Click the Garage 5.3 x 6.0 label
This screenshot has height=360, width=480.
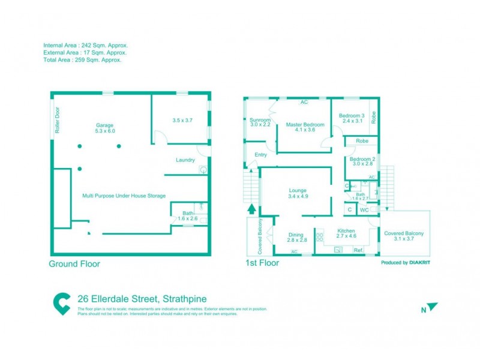pyautogui.click(x=105, y=128)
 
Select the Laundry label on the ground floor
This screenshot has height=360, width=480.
pyautogui.click(x=185, y=160)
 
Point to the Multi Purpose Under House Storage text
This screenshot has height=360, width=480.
pyautogui.click(x=124, y=196)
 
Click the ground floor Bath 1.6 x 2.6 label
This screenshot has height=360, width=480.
pyautogui.click(x=187, y=216)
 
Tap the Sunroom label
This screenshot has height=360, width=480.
pyautogui.click(x=260, y=122)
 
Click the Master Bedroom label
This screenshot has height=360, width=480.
pyautogui.click(x=305, y=127)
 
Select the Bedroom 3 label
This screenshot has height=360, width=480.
pyautogui.click(x=352, y=118)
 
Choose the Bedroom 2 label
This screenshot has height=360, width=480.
pyautogui.click(x=362, y=161)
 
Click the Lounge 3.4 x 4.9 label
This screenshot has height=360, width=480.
pyautogui.click(x=298, y=193)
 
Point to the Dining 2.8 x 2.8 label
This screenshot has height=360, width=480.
pyautogui.click(x=298, y=237)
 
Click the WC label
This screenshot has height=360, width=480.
pyautogui.click(x=364, y=210)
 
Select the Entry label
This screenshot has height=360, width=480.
pyautogui.click(x=261, y=155)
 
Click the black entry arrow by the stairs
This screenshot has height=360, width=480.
pyautogui.click(x=251, y=209)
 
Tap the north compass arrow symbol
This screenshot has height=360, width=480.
pyautogui.click(x=432, y=307)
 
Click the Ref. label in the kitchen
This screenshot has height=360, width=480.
pyautogui.click(x=358, y=250)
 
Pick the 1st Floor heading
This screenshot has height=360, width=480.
pyautogui.click(x=262, y=263)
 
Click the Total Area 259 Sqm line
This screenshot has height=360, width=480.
pyautogui.click(x=82, y=60)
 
